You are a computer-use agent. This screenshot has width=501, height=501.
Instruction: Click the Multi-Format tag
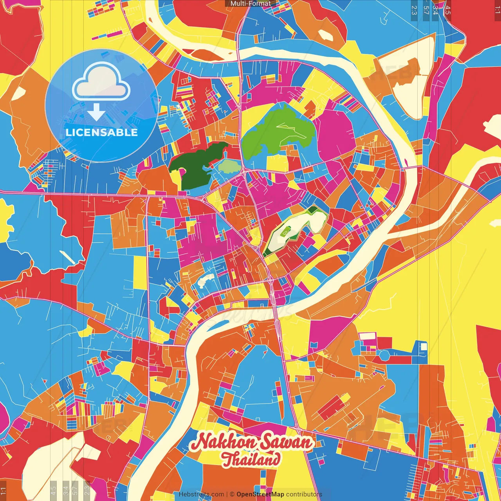click(x=250, y=4)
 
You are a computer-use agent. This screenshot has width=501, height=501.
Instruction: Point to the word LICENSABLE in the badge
click(x=102, y=132)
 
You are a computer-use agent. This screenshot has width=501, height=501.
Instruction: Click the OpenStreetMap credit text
click(x=260, y=494)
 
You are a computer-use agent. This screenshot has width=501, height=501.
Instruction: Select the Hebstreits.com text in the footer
click(x=201, y=494)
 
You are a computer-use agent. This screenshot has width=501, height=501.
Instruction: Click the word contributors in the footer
click(x=304, y=494)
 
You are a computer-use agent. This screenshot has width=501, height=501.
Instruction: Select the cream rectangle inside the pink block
click(x=368, y=336)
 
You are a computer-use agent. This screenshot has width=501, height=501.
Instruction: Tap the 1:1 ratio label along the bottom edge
click(x=3, y=490)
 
